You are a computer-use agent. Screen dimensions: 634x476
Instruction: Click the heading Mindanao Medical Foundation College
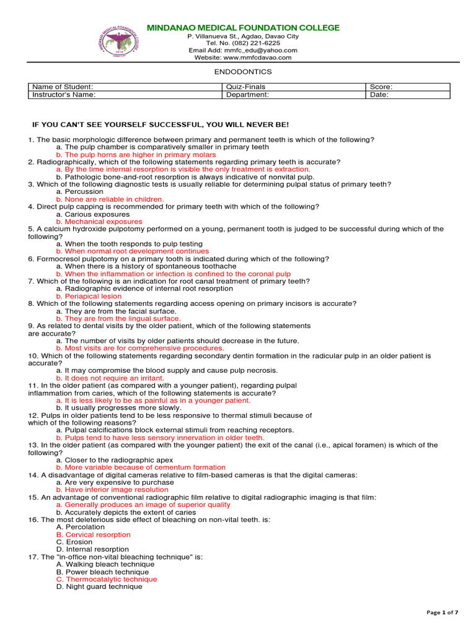point(242,28)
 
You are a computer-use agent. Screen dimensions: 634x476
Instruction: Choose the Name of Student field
point(62,87)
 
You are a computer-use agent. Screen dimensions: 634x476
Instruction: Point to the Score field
point(381,87)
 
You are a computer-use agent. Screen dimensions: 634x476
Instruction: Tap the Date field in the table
point(379,95)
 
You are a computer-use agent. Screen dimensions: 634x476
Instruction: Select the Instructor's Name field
point(64,95)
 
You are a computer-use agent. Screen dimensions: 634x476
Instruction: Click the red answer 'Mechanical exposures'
point(99,221)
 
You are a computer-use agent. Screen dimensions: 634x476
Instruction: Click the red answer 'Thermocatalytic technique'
point(107,579)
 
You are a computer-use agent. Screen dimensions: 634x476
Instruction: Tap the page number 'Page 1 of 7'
point(443,612)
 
